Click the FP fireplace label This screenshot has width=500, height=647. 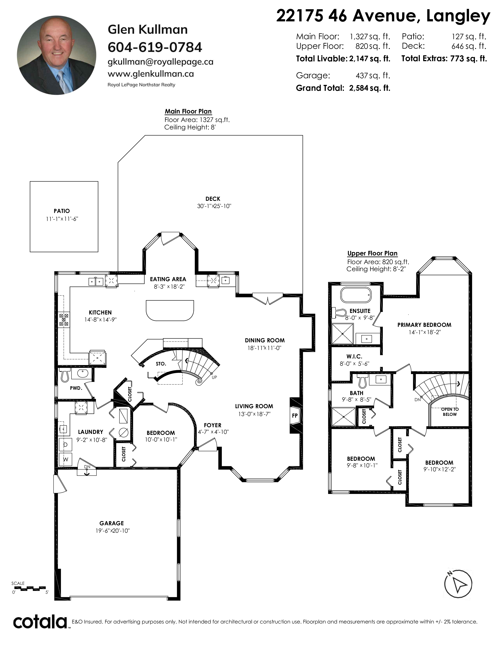pos(295,416)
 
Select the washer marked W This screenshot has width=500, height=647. pos(65,460)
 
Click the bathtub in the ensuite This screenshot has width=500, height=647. pos(356,295)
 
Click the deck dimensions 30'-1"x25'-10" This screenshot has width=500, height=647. pos(214,206)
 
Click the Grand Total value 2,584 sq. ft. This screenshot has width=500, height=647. pos(370,88)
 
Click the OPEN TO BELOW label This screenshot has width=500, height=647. pos(450,412)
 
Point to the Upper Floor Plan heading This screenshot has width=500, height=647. pos(372,254)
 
